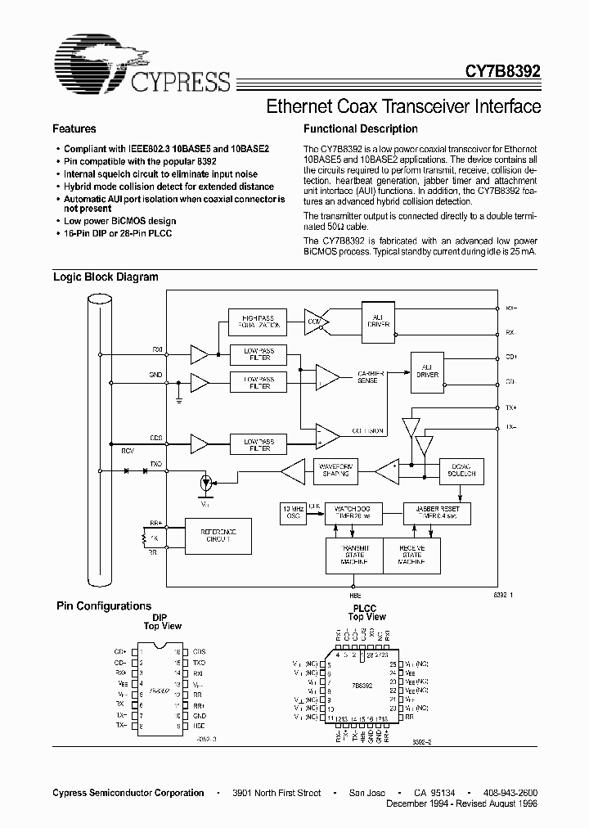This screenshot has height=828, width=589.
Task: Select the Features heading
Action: [x=74, y=128]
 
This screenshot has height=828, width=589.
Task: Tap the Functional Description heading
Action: [x=360, y=128]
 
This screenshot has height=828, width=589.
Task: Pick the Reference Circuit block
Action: [x=215, y=535]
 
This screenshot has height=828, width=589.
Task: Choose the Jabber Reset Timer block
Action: [x=433, y=513]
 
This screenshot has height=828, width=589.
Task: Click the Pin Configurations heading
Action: [x=103, y=606]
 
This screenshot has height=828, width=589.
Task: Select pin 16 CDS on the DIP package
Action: [x=194, y=652]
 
